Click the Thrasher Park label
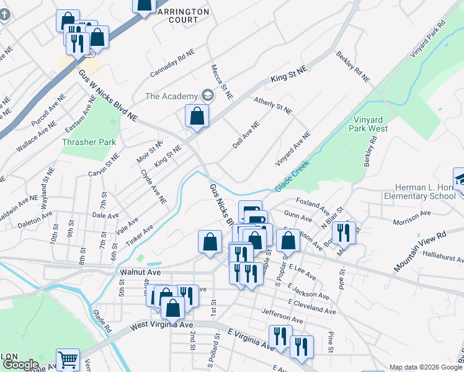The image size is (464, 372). (89, 142)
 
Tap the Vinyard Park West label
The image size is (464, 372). (370, 124)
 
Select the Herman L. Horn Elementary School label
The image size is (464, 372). (427, 192)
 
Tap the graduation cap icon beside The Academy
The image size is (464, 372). (207, 96)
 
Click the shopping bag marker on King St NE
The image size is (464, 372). (197, 116)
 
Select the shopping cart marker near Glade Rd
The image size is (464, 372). (68, 359)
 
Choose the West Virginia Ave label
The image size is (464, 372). (162, 325)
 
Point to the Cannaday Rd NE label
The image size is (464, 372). (172, 63)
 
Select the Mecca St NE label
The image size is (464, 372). (221, 82)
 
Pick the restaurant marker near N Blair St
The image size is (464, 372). (343, 232)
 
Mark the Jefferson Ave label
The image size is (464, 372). (282, 316)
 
